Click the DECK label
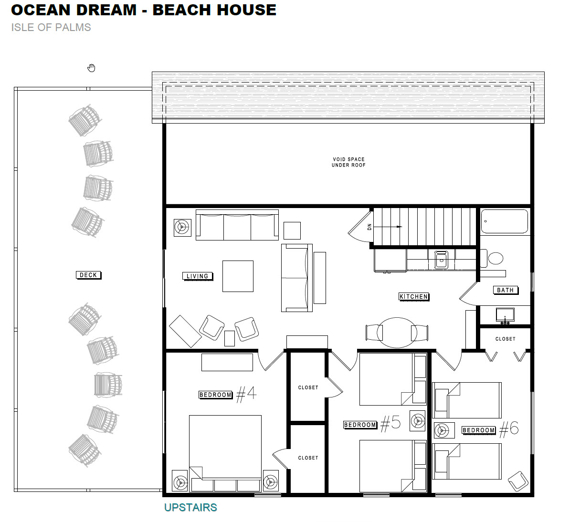coord(88,275)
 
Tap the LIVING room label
coord(198,276)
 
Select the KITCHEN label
coord(414,297)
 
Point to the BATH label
coord(506,290)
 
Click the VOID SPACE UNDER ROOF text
coord(348,162)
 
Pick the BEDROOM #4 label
coord(228,395)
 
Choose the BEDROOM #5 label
coord(372,424)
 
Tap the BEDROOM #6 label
coord(490,430)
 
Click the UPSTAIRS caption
coord(190,507)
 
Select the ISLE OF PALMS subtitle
coord(51,28)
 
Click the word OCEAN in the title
coord(41,10)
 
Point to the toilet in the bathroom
coord(492,258)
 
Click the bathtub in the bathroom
coord(504,221)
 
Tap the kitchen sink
coord(442,260)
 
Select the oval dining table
coord(397,333)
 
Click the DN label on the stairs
coord(369,227)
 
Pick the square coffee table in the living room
coord(238,276)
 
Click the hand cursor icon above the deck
coord(91,68)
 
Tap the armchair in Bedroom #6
coord(518,481)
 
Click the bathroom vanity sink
coord(505,315)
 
